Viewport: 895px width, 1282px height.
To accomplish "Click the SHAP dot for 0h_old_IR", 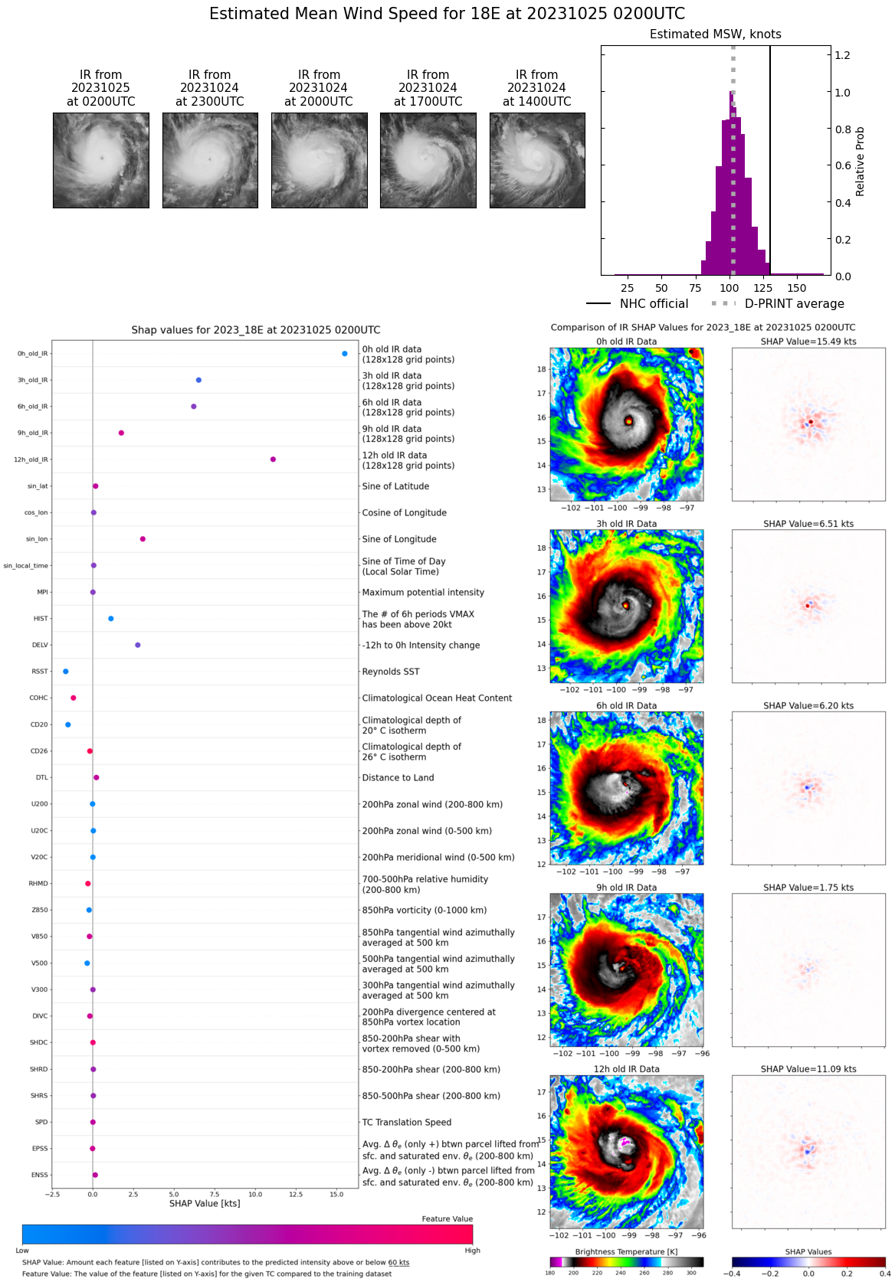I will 345,354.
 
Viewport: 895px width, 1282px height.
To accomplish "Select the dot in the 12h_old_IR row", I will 273,459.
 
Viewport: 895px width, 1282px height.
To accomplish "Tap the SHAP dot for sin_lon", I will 143,539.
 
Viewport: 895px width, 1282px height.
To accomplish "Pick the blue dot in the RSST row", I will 66,672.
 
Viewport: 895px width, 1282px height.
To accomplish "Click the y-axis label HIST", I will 41,619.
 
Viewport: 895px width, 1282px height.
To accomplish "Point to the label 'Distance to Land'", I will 398,778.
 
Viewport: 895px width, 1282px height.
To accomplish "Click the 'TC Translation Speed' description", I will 406,1123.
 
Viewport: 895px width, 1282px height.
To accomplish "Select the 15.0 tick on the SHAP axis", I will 336,1194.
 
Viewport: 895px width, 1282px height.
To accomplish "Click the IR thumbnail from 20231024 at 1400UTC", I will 537,160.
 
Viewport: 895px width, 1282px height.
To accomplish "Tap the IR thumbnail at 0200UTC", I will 101,160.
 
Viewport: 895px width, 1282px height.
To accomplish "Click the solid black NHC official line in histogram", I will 770,153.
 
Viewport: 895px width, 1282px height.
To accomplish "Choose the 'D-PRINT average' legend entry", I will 794,304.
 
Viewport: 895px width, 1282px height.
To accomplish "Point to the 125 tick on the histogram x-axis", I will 762,289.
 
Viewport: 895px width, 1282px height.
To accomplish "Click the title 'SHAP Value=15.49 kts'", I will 808,342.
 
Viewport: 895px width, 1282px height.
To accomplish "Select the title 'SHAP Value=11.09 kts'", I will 808,1069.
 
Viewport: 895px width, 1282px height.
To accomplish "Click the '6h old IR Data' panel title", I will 627,706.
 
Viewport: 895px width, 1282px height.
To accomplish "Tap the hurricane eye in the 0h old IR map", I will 628,420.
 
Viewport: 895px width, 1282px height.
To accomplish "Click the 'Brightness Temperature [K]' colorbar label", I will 626,1251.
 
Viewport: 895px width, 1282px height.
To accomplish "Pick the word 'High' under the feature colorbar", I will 472,1251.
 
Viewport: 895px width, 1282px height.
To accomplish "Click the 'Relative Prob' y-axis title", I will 860,161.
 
